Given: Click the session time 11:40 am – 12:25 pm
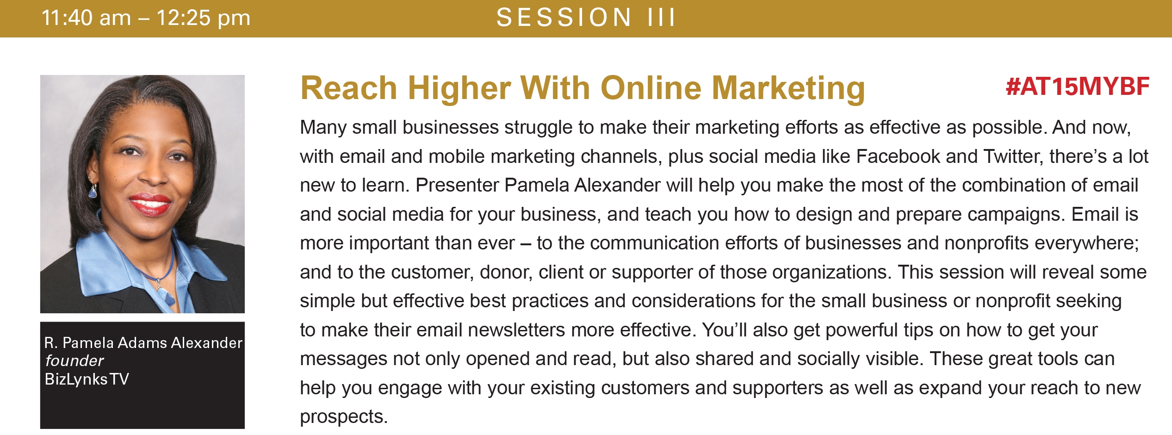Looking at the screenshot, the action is (146, 19).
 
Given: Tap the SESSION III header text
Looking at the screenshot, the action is (586, 18).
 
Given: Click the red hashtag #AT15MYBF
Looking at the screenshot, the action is (1077, 87).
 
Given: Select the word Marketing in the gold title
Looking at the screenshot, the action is (788, 88).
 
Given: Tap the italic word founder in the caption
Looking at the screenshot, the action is (74, 360).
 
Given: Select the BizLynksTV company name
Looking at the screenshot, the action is (87, 379).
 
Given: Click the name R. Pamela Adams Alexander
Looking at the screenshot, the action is (143, 342).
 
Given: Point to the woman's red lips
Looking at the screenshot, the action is (149, 205).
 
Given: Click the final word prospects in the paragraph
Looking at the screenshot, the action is (343, 417).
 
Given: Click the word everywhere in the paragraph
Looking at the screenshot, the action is (1086, 244).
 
